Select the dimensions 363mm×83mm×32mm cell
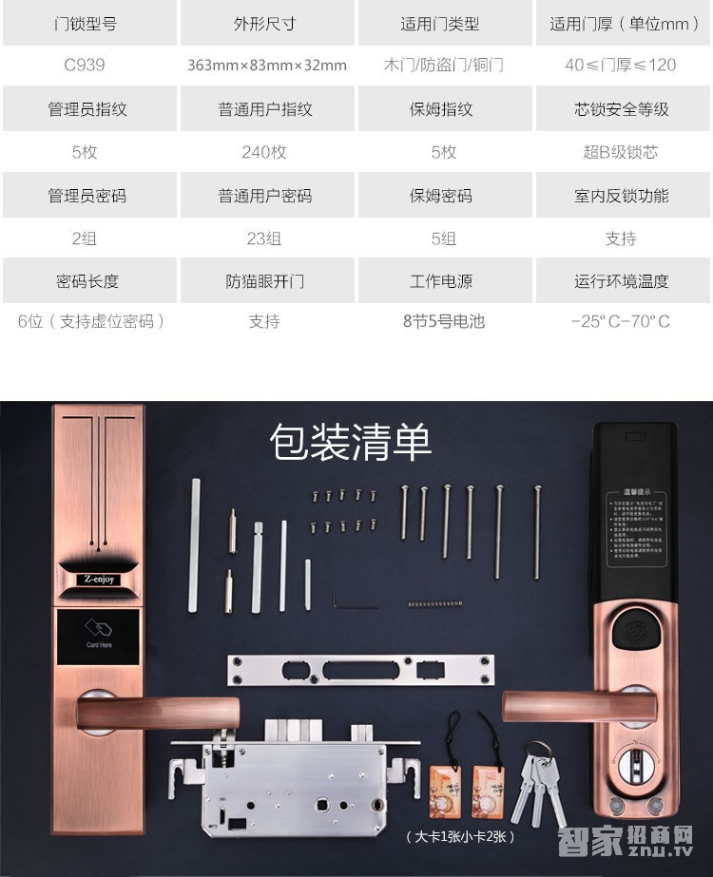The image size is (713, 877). click(x=267, y=66)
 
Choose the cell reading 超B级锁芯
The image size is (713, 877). click(x=621, y=152)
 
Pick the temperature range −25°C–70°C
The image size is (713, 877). click(x=621, y=321)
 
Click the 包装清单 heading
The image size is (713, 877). click(x=351, y=443)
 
